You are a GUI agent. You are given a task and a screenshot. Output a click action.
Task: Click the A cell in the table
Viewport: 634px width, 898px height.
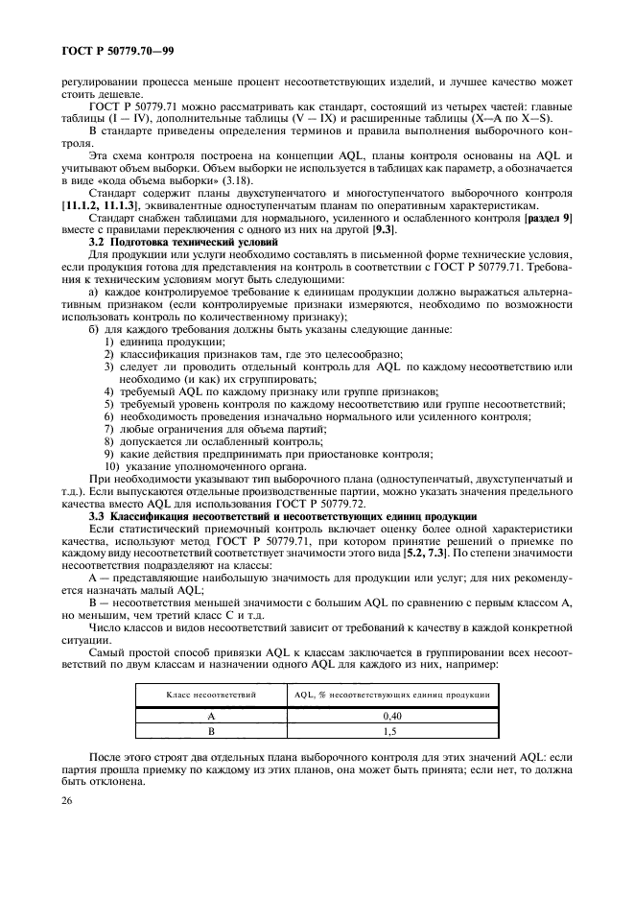[x=209, y=715]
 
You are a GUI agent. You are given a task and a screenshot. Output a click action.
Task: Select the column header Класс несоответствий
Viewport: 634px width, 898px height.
[x=209, y=693]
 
